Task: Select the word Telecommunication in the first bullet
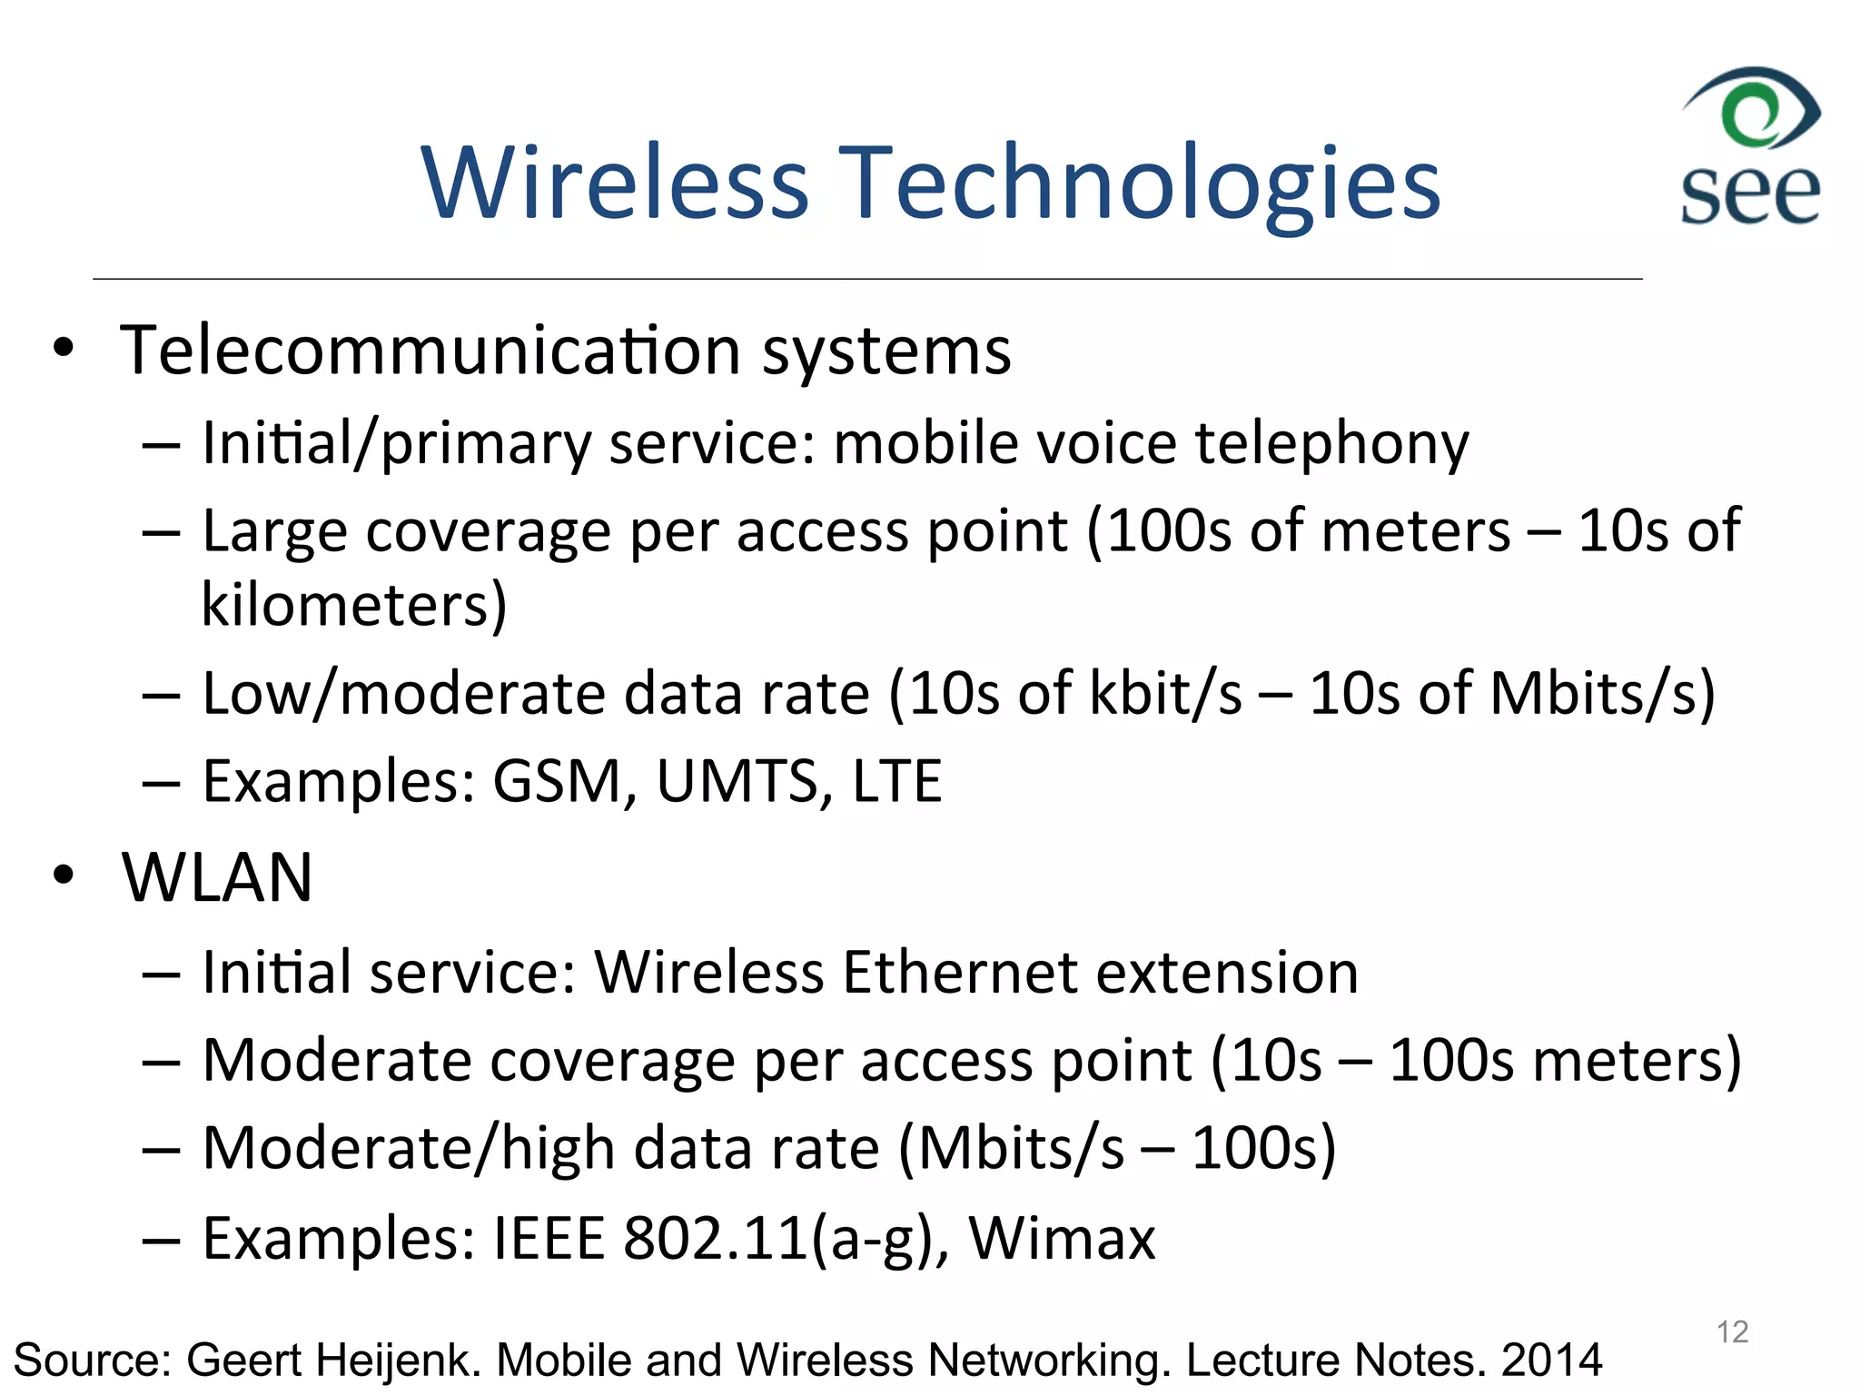pos(430,351)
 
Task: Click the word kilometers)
pos(353,605)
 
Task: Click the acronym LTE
pos(897,781)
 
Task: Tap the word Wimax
pos(1062,1238)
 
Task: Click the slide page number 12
pos(1732,1332)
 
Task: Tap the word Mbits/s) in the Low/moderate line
pos(1602,694)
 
